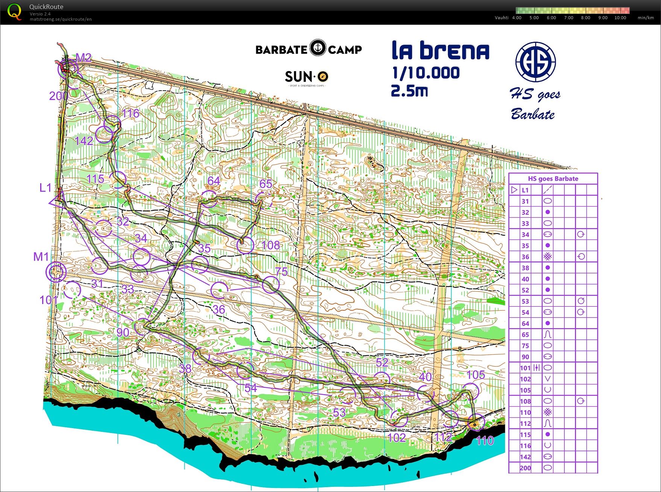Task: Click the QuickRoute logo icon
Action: [x=14, y=12]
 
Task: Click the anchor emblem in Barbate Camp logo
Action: [x=318, y=48]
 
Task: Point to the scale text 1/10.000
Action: [x=425, y=73]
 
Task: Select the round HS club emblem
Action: [x=535, y=62]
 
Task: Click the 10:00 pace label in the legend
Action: [x=620, y=18]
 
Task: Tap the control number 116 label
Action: [x=130, y=113]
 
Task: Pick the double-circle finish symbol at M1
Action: [x=56, y=272]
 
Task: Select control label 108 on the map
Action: [x=270, y=245]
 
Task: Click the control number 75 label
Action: [x=281, y=272]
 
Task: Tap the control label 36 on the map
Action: [x=219, y=310]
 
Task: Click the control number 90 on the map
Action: [x=123, y=333]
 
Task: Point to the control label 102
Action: [x=397, y=437]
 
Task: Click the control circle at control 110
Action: [x=475, y=424]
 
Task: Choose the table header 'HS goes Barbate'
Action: [x=553, y=179]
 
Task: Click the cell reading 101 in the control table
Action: [x=525, y=368]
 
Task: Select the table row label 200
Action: [x=525, y=468]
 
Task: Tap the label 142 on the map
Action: [x=84, y=141]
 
